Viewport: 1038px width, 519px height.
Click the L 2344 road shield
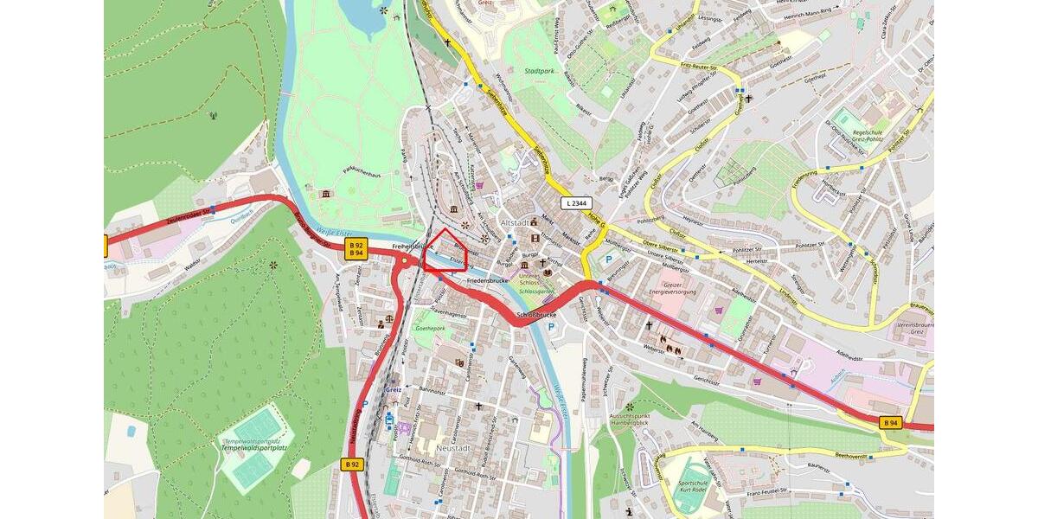point(575,203)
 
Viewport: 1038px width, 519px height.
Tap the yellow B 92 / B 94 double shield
point(356,249)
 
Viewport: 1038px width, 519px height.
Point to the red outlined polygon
point(446,252)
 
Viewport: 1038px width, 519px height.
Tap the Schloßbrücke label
point(535,315)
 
